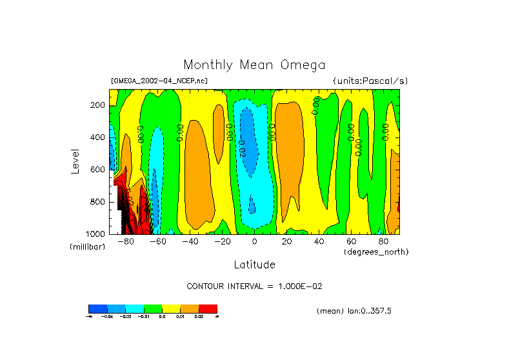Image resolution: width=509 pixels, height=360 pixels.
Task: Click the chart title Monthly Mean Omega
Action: [254, 65]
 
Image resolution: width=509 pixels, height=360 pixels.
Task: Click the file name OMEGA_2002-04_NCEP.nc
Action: [159, 81]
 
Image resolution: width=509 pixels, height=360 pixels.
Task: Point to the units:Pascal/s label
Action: [370, 81]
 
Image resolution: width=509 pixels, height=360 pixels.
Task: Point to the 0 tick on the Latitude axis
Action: [254, 241]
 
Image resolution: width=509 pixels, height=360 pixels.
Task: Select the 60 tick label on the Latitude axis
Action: [351, 241]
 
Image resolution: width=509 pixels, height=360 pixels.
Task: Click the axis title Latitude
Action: [254, 265]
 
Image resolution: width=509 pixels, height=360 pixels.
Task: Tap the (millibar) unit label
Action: [87, 248]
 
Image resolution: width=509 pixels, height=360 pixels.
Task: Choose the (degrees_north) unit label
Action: [376, 251]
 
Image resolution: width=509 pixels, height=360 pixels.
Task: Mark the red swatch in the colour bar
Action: [208, 308]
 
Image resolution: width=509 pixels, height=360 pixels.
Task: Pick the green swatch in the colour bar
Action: [152, 308]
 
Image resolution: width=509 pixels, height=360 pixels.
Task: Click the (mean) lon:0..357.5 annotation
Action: [354, 311]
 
